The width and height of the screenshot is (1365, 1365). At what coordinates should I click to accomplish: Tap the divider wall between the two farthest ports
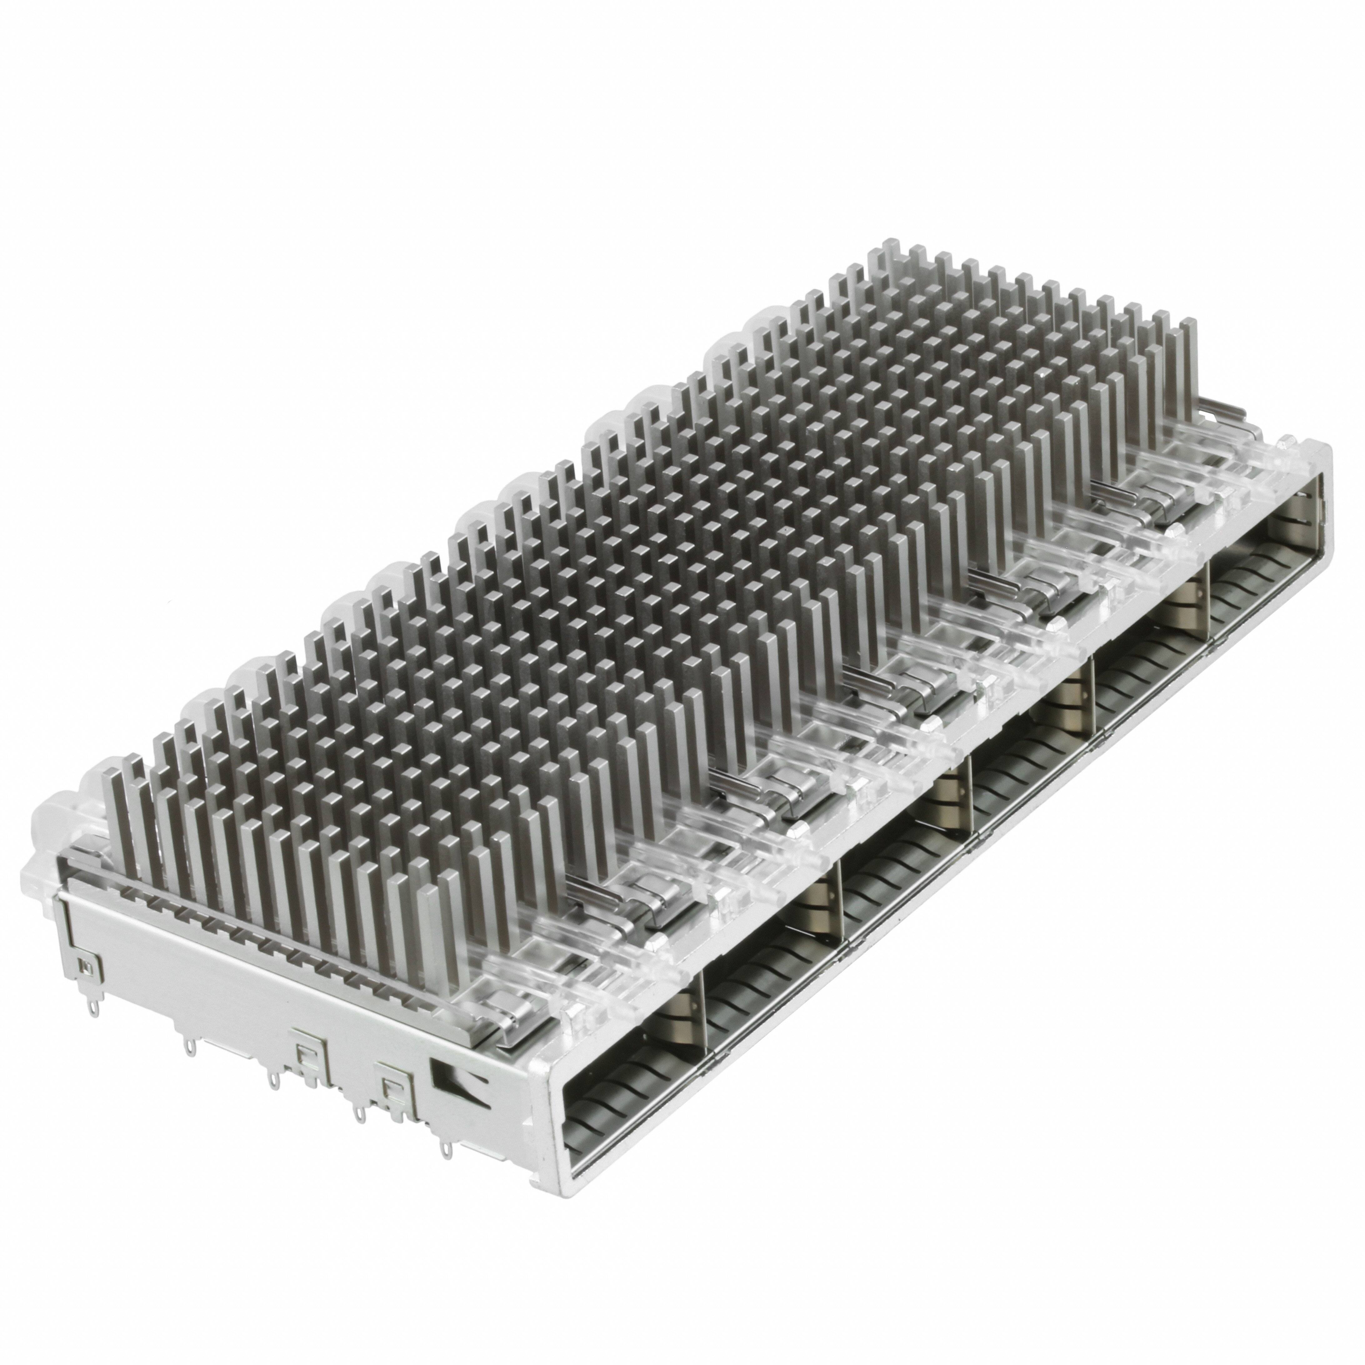1210,587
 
